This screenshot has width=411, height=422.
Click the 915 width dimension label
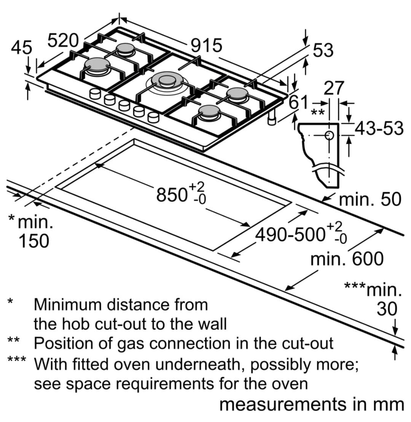207,46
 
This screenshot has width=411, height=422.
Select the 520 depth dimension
63,41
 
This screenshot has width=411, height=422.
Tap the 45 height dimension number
22,48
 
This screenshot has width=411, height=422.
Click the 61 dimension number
298,102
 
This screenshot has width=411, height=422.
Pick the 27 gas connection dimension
334,88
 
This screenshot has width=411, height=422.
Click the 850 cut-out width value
172,194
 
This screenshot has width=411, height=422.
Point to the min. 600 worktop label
347,259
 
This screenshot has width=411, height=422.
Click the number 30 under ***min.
387,309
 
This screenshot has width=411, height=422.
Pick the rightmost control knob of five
153,118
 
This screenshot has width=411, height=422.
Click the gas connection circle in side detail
329,135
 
